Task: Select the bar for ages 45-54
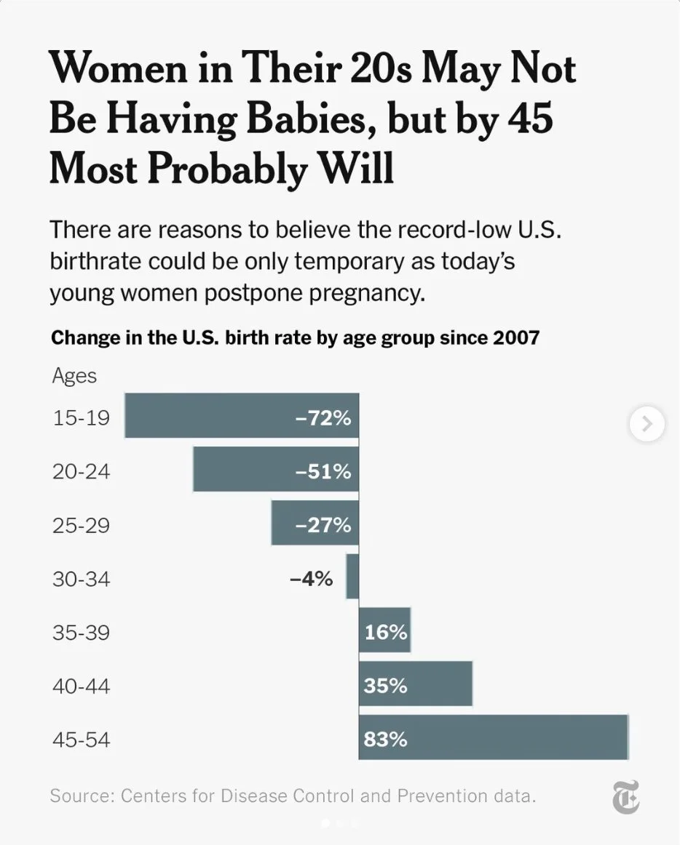pos(493,737)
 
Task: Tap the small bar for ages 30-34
pos(352,577)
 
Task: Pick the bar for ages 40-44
pos(415,684)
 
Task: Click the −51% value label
pos(323,471)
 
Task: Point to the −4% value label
pos(311,579)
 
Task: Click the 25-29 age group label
pos(81,525)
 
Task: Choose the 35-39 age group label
pos(81,632)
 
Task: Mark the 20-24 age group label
pos(81,471)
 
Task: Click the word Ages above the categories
pos(74,376)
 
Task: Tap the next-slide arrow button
pos(647,422)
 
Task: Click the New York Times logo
pos(625,796)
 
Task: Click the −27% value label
pos(323,525)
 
